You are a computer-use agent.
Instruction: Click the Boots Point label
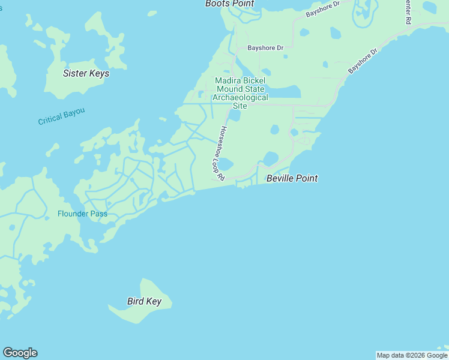tap(229, 4)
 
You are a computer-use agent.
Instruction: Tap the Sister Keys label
tap(86, 73)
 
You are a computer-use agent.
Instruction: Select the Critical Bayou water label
tap(61, 116)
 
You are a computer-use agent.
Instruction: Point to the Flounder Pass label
tap(82, 214)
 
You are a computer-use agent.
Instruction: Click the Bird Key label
tap(144, 301)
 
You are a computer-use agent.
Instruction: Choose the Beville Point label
tap(292, 178)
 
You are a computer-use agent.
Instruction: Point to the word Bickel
tap(255, 81)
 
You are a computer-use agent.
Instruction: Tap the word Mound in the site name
tap(230, 89)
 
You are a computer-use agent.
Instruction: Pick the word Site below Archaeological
tap(240, 106)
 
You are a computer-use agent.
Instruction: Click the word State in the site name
tap(256, 89)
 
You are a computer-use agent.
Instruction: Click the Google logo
tap(20, 353)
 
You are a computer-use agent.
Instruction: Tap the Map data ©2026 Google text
tap(412, 355)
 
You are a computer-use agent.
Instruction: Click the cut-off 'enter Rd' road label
tap(408, 12)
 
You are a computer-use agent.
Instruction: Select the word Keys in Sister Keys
tap(98, 73)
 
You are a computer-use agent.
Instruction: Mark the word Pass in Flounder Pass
tap(99, 214)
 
